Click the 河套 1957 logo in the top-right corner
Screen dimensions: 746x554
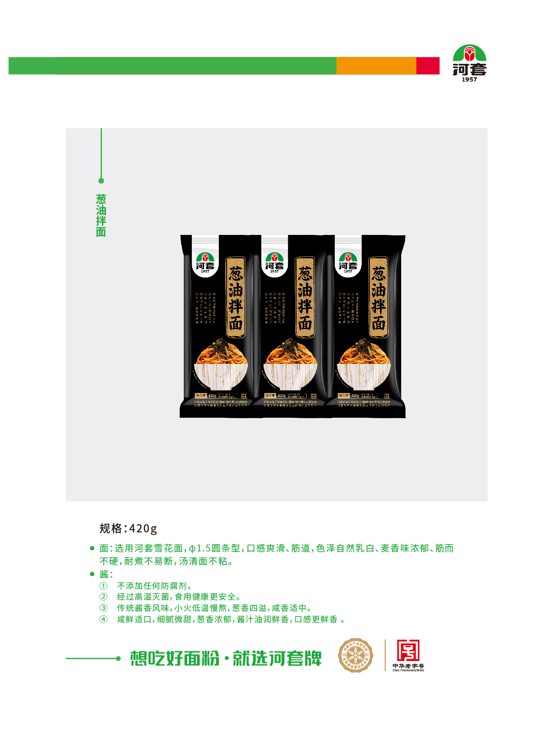[469, 63]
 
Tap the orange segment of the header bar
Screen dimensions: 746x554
[376, 66]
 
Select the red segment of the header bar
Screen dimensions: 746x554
[428, 66]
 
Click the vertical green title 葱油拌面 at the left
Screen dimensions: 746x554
[101, 215]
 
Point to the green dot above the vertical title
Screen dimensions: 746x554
[101, 181]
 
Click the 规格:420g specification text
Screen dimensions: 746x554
[128, 528]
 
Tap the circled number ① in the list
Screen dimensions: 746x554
[103, 586]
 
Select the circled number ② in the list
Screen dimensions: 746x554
[103, 597]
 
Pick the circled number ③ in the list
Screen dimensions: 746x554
[103, 608]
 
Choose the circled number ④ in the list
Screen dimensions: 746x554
[103, 619]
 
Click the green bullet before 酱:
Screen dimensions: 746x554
[92, 574]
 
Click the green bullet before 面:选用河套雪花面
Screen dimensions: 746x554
[92, 548]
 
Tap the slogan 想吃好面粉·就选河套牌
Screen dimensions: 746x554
[226, 658]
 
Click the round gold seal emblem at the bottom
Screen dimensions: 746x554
[356, 655]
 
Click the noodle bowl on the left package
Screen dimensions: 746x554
[221, 365]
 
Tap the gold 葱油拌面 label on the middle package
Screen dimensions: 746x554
[305, 297]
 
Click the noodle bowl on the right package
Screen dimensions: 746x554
[364, 365]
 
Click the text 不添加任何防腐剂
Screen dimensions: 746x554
[155, 586]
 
